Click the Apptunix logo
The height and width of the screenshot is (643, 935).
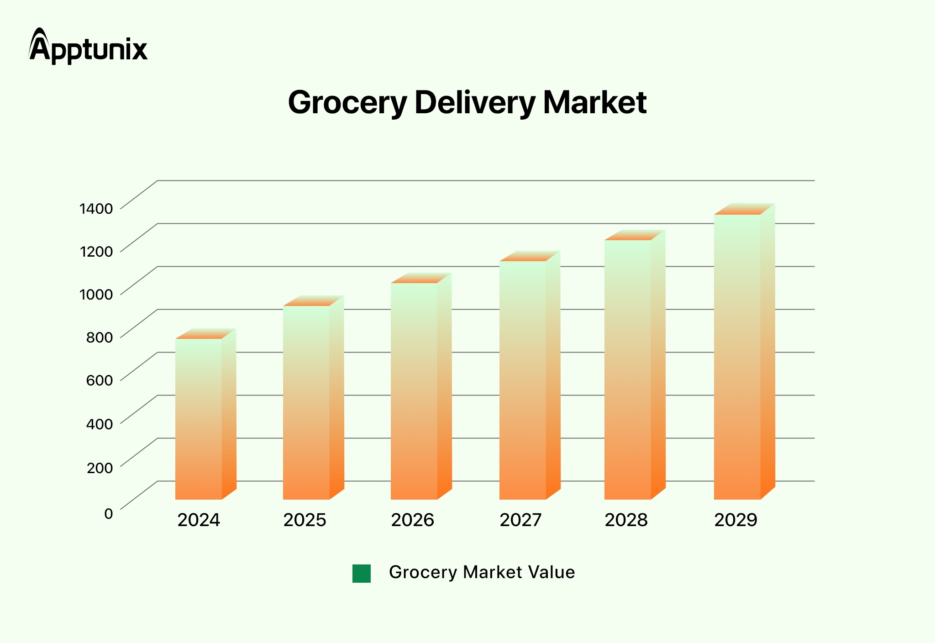click(x=88, y=46)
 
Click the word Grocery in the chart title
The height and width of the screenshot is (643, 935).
click(x=347, y=103)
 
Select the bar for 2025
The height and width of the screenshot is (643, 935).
click(x=306, y=402)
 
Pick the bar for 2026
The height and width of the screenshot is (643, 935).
click(x=414, y=391)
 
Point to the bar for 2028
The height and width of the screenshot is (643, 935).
click(x=628, y=369)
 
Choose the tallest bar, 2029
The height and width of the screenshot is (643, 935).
click(x=737, y=357)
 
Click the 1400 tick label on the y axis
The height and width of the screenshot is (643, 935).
click(x=96, y=209)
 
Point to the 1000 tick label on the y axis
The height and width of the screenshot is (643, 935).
click(x=96, y=294)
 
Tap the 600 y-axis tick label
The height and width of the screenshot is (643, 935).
click(x=99, y=380)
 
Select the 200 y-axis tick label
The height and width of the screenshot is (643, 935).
click(x=99, y=468)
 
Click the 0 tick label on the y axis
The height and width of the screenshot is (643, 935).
click(x=108, y=514)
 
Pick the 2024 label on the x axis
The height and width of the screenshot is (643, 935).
click(x=199, y=520)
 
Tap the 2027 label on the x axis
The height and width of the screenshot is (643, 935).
click(x=520, y=520)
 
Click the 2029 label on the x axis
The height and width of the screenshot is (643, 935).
click(x=735, y=520)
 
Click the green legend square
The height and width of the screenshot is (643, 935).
click(x=362, y=574)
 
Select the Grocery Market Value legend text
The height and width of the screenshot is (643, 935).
click(x=482, y=572)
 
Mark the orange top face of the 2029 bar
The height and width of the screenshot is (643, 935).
click(x=745, y=209)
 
